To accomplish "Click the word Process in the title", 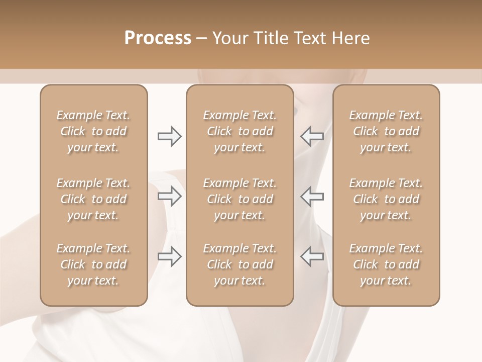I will (158, 38).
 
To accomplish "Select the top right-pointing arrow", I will (170, 136).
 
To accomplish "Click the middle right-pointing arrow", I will (170, 196).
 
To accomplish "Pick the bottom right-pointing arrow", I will (170, 256).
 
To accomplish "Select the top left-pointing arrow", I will (312, 136).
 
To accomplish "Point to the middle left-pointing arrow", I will (312, 196).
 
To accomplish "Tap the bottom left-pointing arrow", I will (312, 256).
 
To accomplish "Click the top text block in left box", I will (93, 131).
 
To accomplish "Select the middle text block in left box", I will (93, 199).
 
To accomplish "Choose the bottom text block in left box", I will (93, 264).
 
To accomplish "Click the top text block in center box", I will (239, 131).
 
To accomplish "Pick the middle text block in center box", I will (239, 199).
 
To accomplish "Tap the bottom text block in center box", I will (239, 264).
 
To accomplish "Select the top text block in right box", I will (386, 131).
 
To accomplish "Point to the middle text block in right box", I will (386, 199).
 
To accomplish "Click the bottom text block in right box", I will (386, 264).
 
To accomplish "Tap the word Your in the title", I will (229, 38).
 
